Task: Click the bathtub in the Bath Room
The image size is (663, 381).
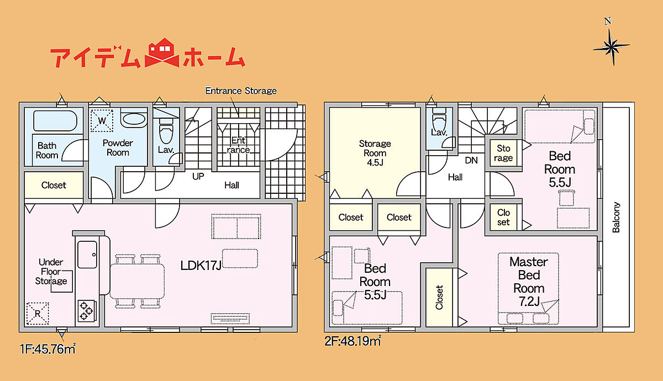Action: pos(55,120)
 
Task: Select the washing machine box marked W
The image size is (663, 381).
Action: pos(102,120)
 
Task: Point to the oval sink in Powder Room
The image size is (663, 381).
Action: pos(134,119)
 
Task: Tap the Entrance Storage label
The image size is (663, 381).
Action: pos(241,91)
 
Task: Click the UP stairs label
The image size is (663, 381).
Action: pos(198,176)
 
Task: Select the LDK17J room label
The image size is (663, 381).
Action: pos(201,266)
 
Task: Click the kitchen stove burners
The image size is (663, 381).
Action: pos(87,310)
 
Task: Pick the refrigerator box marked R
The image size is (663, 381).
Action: pos(38,314)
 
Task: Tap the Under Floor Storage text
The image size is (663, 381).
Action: pos(51,271)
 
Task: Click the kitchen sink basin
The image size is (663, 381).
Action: pos(87,255)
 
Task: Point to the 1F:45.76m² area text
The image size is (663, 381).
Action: pos(48,349)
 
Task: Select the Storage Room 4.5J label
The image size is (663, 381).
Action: pos(375,152)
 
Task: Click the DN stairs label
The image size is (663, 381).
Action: pos(471,160)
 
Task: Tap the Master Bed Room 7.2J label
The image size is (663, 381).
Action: pos(529,281)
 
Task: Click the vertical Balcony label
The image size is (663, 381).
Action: pos(616,217)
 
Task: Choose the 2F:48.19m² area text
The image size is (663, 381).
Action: pos(352,341)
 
